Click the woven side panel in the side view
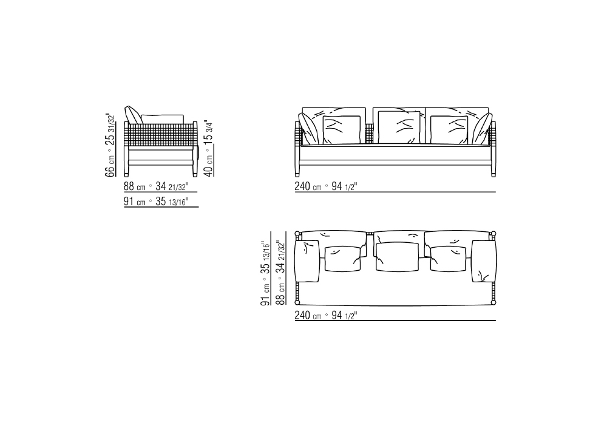coord(160,135)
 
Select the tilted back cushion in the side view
coord(133,115)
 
